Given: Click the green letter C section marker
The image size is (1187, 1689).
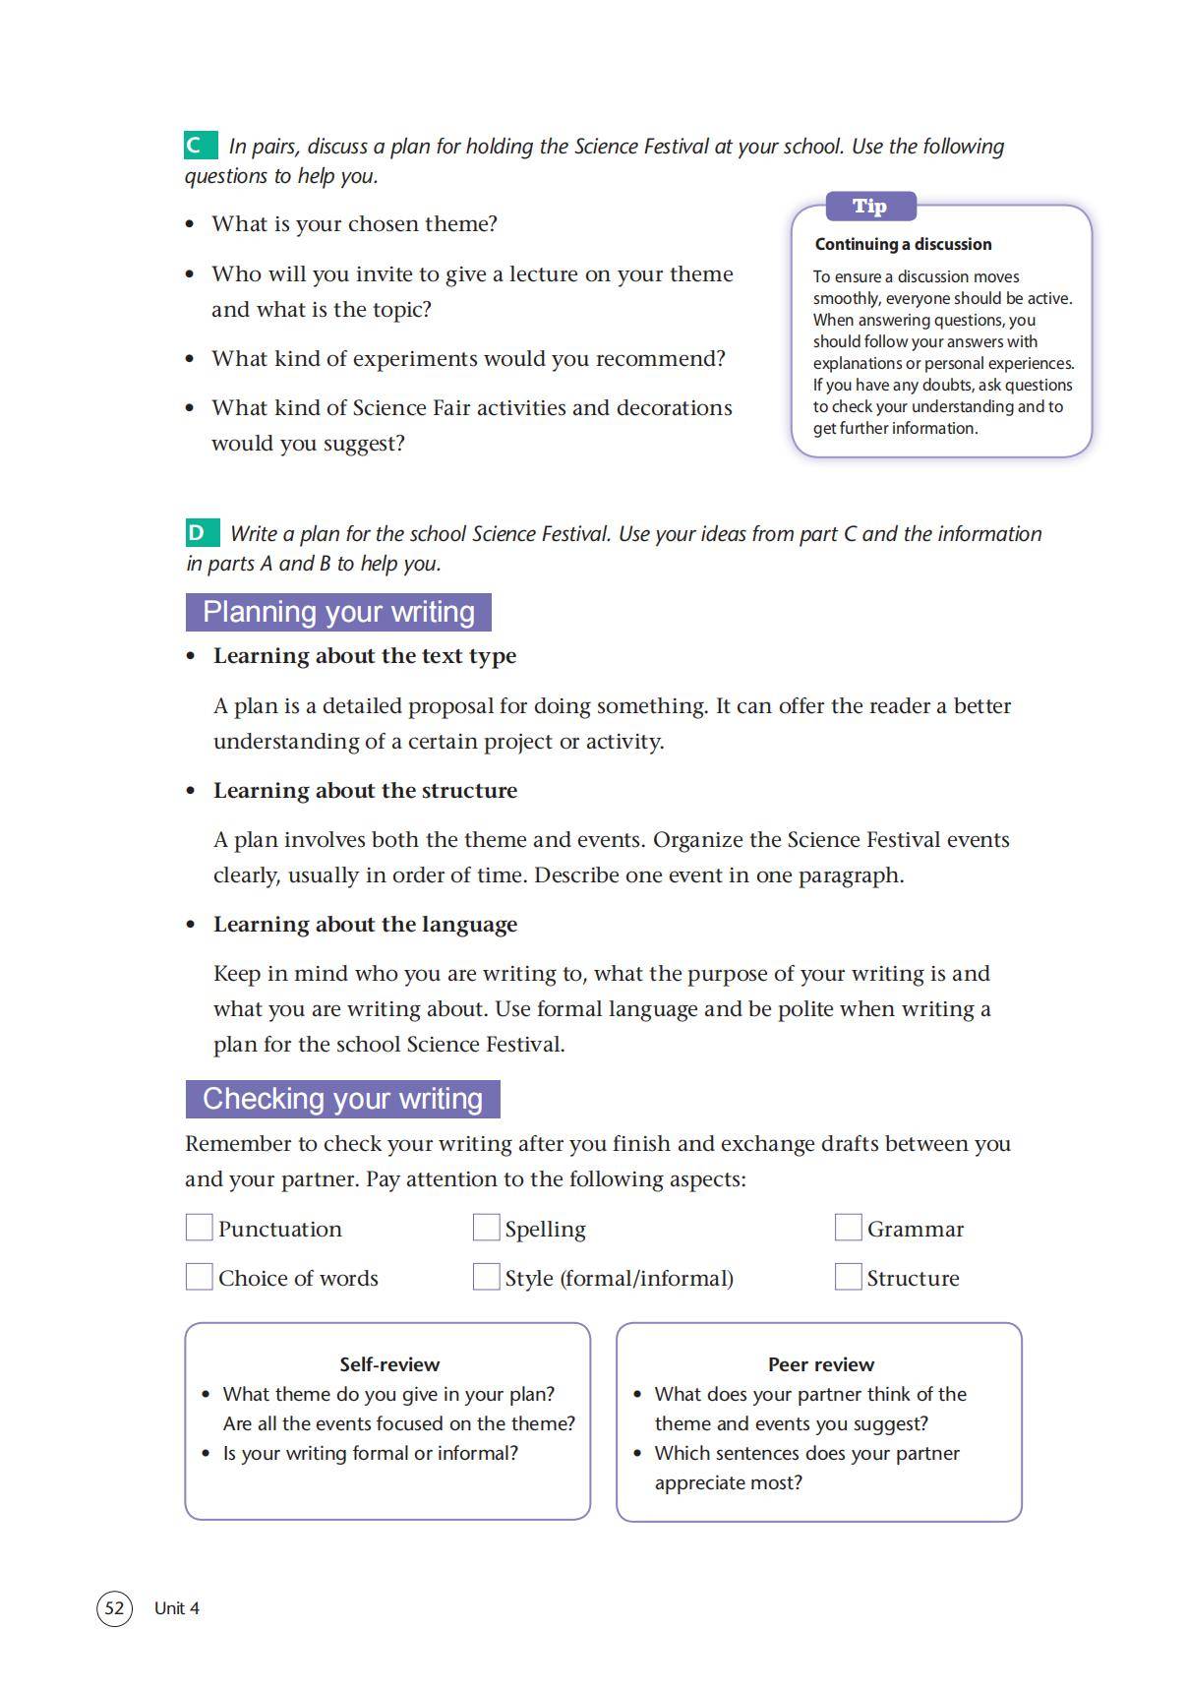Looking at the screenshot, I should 200,146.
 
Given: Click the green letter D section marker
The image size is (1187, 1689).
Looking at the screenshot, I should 202,533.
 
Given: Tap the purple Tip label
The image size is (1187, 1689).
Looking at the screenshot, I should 870,207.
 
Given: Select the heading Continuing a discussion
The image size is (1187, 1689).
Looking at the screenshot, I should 903,244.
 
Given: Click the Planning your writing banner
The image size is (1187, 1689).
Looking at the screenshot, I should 338,612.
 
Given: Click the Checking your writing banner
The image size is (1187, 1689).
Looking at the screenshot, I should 342,1099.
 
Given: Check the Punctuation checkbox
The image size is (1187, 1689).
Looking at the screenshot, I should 200,1228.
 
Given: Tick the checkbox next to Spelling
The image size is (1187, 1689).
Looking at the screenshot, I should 486,1228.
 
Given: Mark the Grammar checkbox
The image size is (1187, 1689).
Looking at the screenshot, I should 848,1228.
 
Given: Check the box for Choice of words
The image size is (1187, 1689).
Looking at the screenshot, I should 200,1277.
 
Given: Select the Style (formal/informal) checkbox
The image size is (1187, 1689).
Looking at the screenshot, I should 486,1277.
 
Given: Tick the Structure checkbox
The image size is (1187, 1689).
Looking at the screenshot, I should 848,1277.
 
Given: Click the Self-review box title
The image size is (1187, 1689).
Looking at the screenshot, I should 389,1364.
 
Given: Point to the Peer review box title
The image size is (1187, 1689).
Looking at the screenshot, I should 821,1364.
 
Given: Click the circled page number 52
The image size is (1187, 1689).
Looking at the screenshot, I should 114,1608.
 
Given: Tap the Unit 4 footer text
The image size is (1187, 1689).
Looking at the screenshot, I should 177,1608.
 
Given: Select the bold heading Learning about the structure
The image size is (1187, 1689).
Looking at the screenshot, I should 365,791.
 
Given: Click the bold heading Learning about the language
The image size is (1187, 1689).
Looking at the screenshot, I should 365,925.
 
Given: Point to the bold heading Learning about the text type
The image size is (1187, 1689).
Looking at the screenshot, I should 365,656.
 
